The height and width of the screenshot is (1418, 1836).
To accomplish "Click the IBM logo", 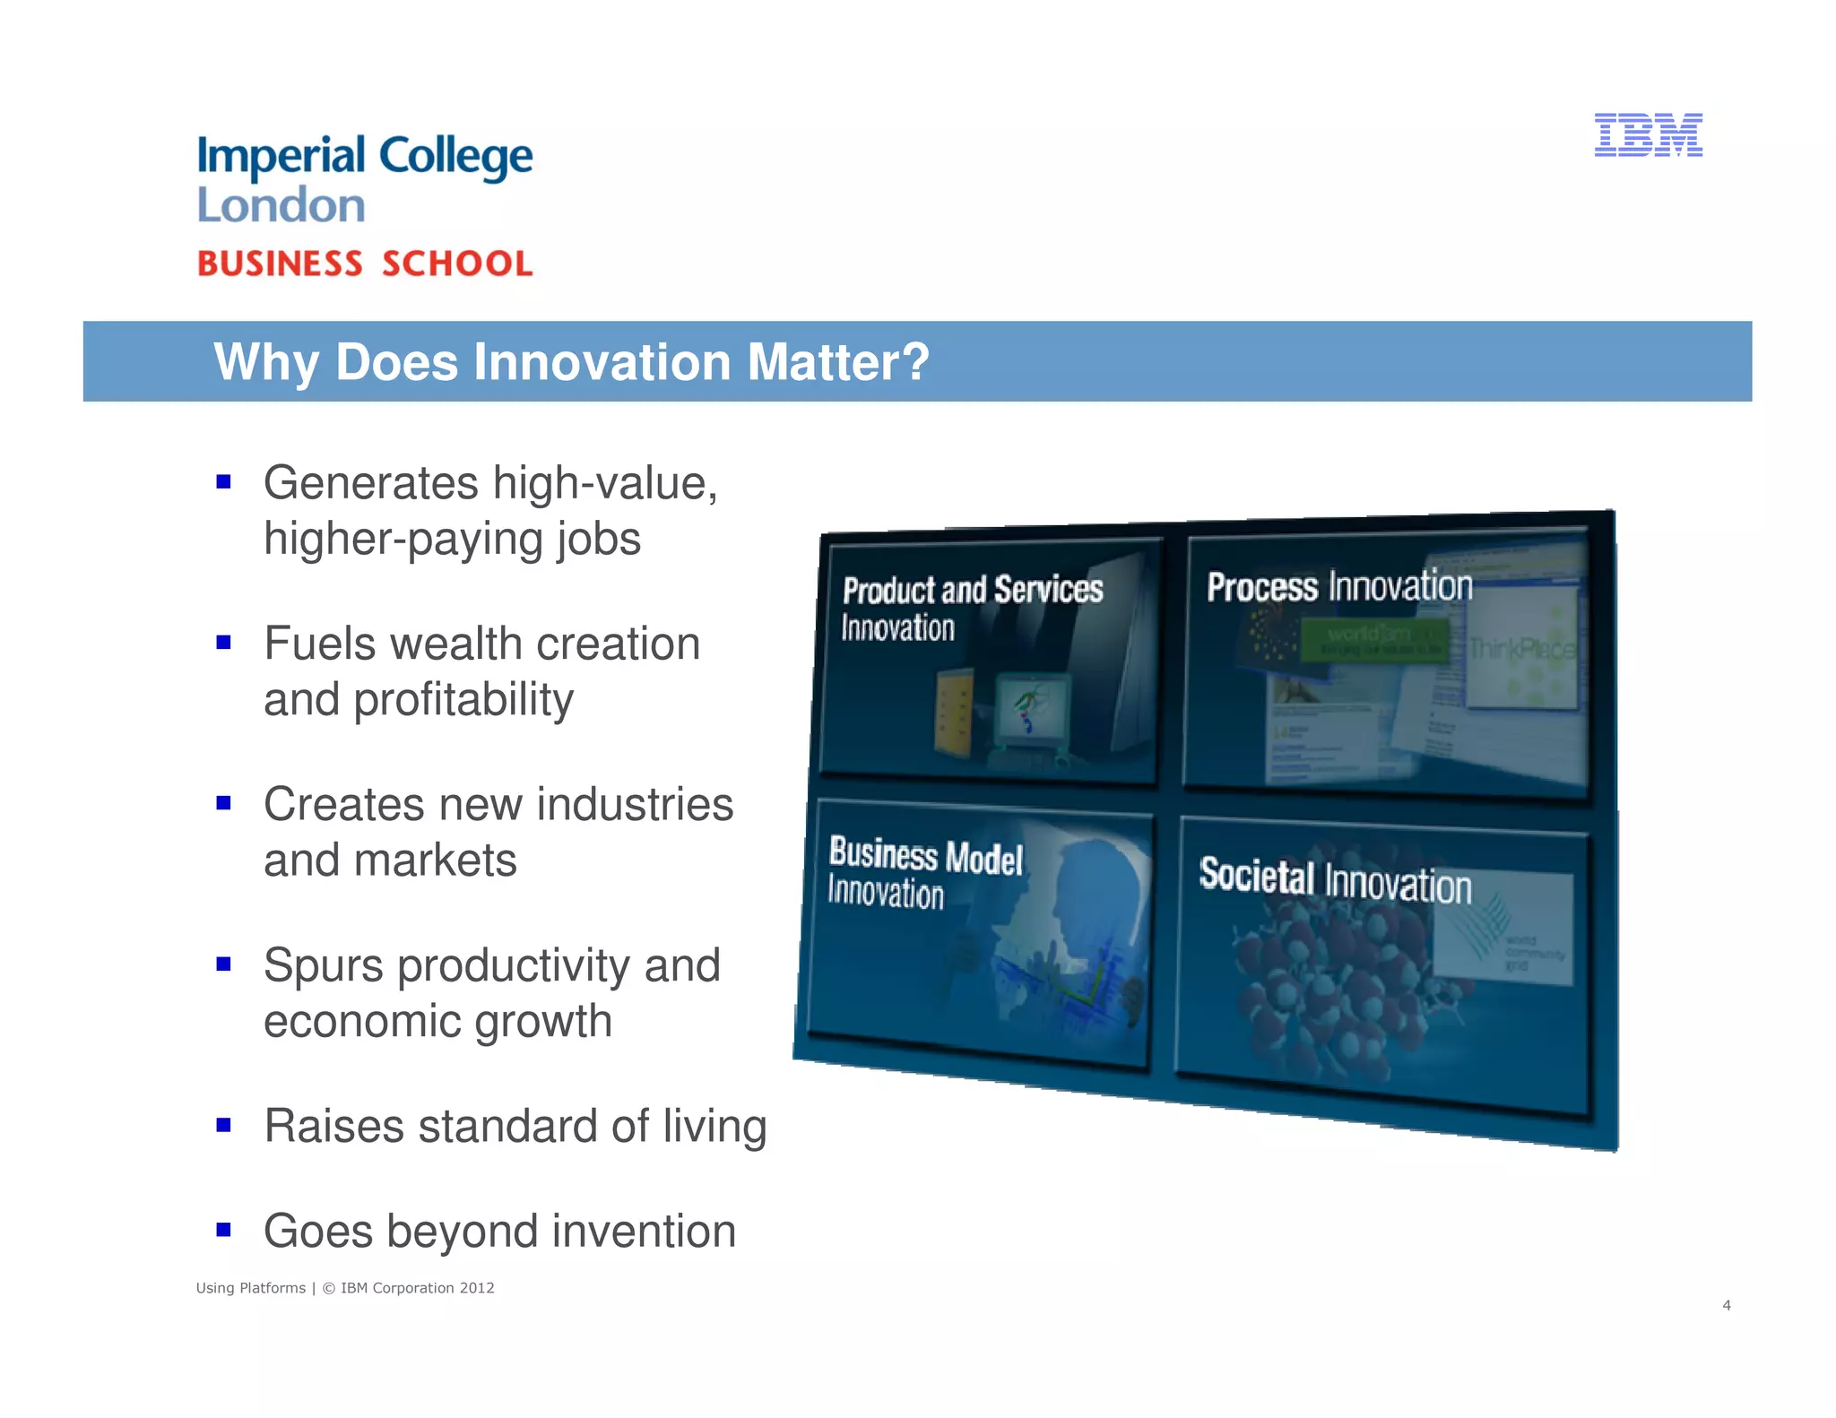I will [1648, 135].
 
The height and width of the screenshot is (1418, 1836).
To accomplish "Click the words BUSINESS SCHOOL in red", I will [365, 264].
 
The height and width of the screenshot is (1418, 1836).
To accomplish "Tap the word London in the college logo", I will [281, 205].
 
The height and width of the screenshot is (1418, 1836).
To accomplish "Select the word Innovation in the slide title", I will [602, 362].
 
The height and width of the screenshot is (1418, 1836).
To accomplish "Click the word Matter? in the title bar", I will [838, 362].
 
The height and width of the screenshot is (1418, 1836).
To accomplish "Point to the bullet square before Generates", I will [224, 482].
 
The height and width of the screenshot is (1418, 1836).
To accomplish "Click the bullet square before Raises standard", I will [224, 1125].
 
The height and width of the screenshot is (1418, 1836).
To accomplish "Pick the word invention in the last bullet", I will [644, 1231].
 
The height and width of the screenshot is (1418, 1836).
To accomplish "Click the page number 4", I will [1726, 1305].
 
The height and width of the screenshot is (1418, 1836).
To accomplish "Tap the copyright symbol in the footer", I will [328, 1288].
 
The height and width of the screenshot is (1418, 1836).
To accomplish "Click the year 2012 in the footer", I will [477, 1288].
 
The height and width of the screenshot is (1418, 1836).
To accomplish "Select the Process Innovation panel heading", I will [1339, 586].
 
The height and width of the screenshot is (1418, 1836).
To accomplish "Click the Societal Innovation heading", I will [1335, 880].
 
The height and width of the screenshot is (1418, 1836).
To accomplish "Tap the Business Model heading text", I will [925, 856].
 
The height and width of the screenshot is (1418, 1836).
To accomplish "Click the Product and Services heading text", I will [973, 590].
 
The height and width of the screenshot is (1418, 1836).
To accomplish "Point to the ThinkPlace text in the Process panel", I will [1520, 647].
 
